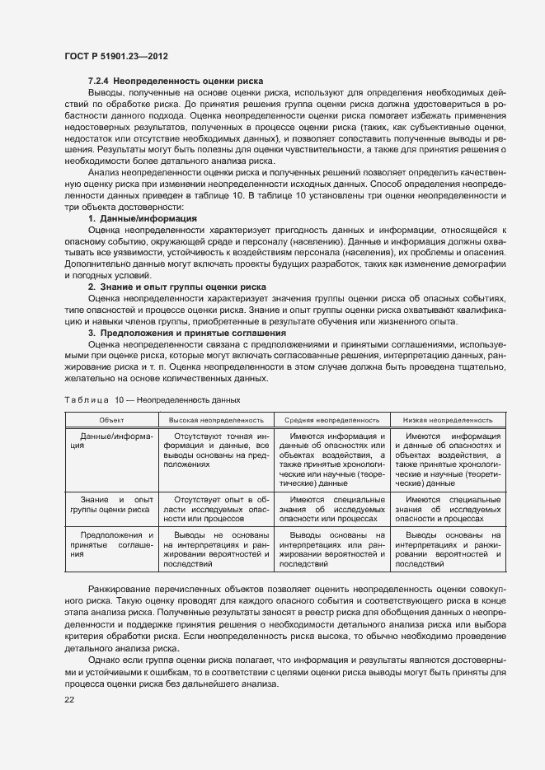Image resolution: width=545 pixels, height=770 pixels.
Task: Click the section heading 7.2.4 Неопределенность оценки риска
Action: [176, 82]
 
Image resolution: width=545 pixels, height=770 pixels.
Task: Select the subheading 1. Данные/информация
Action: [142, 218]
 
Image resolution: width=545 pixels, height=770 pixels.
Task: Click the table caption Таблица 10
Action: [152, 399]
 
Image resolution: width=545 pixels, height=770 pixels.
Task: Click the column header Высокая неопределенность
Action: [216, 420]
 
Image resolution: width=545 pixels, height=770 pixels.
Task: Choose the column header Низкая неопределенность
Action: [448, 420]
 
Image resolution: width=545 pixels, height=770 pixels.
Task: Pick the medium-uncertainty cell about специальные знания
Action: [331, 510]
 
